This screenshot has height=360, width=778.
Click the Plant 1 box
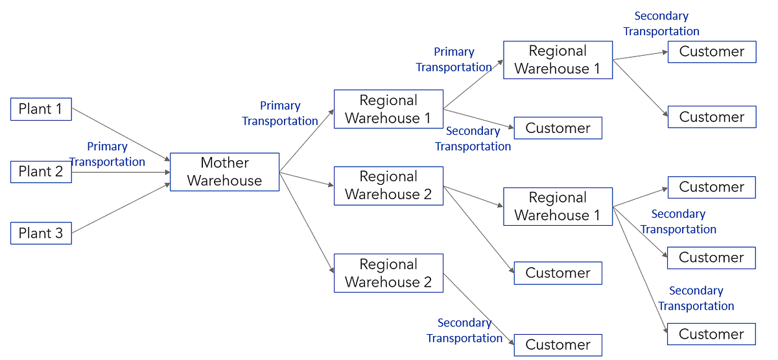coord(41,109)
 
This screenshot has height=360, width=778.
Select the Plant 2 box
coord(41,172)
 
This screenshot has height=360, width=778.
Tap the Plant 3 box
coord(41,234)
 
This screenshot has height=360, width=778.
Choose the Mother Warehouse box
coord(224,172)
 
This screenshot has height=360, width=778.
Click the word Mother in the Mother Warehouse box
coord(224,163)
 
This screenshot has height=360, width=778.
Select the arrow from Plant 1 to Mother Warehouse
coord(121,134)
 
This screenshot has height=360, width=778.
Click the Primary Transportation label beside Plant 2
coord(107,154)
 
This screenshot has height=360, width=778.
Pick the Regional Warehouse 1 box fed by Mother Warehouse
coord(388,109)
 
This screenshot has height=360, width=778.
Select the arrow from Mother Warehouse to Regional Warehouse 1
coord(307,139)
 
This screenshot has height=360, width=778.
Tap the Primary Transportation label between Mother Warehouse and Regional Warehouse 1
coord(280,114)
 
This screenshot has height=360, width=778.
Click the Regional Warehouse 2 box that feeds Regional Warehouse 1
coord(388,186)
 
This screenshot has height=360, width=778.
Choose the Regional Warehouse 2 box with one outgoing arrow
coord(388,273)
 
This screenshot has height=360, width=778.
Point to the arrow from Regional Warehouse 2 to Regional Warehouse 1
coord(473,197)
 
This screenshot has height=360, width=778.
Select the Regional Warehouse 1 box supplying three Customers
coord(558,206)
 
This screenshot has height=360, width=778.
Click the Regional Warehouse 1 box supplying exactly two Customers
coord(558,60)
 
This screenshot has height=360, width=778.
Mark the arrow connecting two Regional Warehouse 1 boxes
coord(473,84)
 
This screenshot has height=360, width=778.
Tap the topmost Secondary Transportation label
coord(661,23)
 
